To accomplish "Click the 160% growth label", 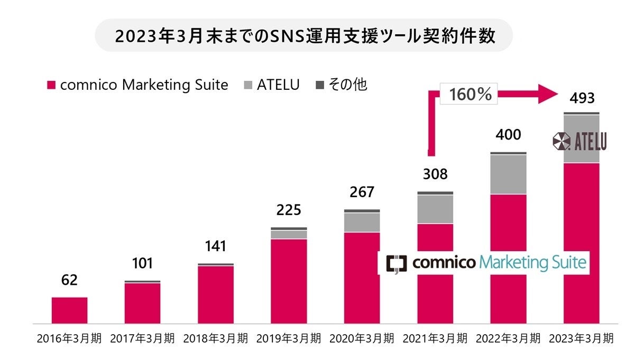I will click(470, 95).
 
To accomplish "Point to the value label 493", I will click(581, 98).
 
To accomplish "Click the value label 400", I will click(508, 135).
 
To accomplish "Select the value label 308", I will click(435, 174).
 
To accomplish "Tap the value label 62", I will click(69, 280).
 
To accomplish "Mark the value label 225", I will click(289, 210).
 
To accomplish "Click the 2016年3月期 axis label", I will click(69, 339).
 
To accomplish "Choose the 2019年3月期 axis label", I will click(288, 339).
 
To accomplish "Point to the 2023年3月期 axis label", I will click(581, 339).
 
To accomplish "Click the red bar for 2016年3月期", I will click(69, 310).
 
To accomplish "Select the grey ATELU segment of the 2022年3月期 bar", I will click(508, 174).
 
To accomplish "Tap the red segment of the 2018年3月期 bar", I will click(216, 294).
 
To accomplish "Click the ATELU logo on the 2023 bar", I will click(579, 141).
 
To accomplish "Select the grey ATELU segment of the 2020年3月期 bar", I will click(362, 223).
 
